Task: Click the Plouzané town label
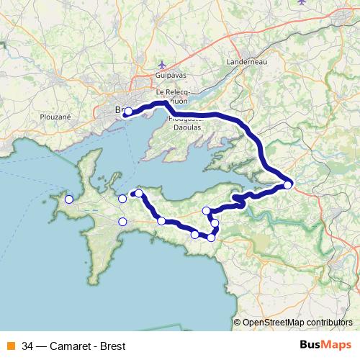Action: pyautogui.click(x=55, y=116)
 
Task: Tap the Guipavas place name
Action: pyautogui.click(x=171, y=75)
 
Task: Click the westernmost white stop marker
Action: pyautogui.click(x=69, y=199)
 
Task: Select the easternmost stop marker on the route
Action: pyautogui.click(x=288, y=185)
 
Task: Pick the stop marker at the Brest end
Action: pyautogui.click(x=127, y=112)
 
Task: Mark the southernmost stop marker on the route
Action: pyautogui.click(x=211, y=238)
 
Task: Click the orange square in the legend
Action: pyautogui.click(x=11, y=346)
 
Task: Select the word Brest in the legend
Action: pyautogui.click(x=112, y=346)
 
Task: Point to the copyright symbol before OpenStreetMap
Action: pyautogui.click(x=237, y=323)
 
